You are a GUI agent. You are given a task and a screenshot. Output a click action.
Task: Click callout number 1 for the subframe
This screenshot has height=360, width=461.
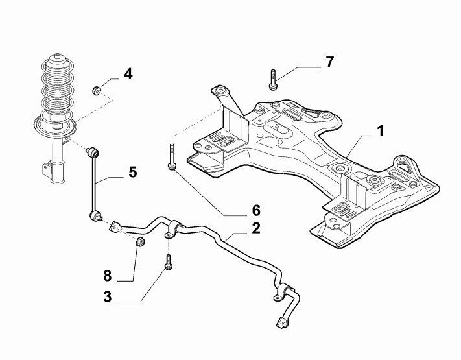click(x=381, y=131)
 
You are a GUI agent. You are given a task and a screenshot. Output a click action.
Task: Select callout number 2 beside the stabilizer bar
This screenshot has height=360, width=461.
click(x=256, y=228)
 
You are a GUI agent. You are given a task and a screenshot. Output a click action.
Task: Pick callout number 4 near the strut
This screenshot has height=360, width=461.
click(x=128, y=74)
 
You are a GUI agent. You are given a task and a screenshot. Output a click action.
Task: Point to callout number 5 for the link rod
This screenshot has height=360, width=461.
click(x=132, y=172)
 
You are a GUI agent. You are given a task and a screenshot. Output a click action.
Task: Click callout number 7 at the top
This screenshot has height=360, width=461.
click(x=330, y=62)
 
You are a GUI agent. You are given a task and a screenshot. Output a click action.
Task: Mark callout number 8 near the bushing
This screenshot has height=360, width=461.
click(x=107, y=276)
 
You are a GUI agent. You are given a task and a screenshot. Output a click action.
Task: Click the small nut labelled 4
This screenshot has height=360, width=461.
click(x=97, y=89)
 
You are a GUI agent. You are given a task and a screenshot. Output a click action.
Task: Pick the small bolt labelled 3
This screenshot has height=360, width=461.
click(x=168, y=263)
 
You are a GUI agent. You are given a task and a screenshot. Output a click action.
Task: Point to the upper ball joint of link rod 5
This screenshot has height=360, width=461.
click(x=93, y=153)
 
